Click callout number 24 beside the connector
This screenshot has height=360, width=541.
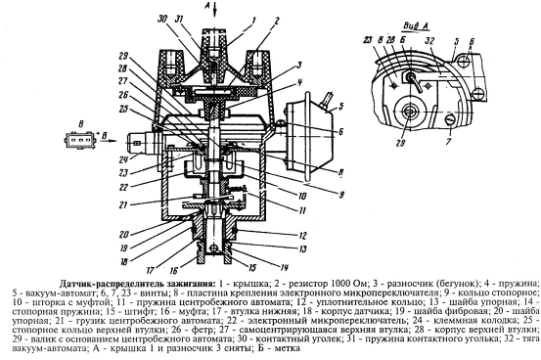(x=123, y=159)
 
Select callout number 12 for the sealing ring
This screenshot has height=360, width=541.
(x=302, y=236)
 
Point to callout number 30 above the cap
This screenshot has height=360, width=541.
(x=162, y=20)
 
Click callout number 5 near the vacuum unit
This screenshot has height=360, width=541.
(x=340, y=106)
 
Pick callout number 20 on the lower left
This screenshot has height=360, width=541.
(x=124, y=235)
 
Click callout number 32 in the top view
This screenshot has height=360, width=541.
(x=429, y=41)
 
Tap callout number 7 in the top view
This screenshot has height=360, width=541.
(x=448, y=142)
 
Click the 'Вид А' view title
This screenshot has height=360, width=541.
(x=417, y=26)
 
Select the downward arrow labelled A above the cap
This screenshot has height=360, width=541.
(x=215, y=10)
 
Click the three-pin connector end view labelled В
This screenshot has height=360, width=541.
(x=79, y=141)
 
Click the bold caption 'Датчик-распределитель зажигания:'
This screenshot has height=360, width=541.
(x=137, y=284)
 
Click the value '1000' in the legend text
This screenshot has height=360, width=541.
(x=343, y=284)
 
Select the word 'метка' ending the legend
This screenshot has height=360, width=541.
(x=288, y=348)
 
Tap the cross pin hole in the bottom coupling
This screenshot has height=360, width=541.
(x=214, y=248)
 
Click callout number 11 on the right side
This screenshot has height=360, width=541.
(x=302, y=210)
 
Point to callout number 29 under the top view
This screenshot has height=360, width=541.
(x=400, y=143)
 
